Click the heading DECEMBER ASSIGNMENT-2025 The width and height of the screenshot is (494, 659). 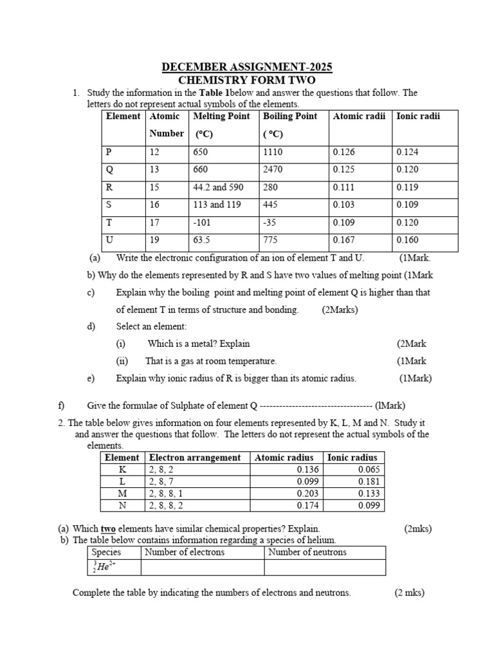click(x=246, y=68)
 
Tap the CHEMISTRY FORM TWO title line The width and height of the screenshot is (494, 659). click(x=246, y=80)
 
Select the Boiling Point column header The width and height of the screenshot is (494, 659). click(x=290, y=116)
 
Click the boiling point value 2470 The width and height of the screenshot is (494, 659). click(x=273, y=170)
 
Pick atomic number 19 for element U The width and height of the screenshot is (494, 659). click(x=155, y=240)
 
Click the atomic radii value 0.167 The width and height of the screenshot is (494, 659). click(x=344, y=240)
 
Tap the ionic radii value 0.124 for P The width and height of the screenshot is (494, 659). click(x=407, y=153)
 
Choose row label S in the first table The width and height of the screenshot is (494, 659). click(x=109, y=205)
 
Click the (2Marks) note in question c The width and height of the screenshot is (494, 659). click(x=340, y=310)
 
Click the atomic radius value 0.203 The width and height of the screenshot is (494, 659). click(x=308, y=493)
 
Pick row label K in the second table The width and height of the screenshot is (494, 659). click(x=122, y=470)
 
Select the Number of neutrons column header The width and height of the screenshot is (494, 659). click(x=307, y=552)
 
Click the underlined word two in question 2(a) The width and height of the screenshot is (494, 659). click(x=107, y=529)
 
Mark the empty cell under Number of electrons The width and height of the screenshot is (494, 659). click(x=202, y=567)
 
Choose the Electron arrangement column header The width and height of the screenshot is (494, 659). click(x=195, y=458)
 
